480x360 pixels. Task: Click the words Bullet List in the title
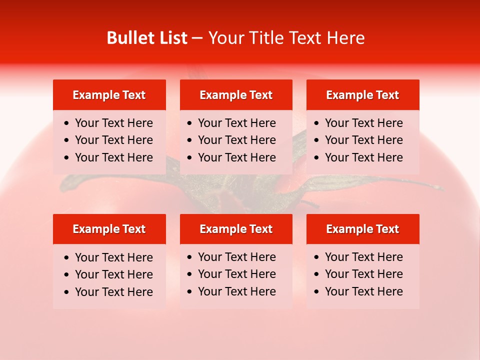tap(147, 38)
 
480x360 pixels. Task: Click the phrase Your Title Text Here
tap(286, 38)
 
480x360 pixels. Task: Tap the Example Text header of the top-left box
tap(109, 95)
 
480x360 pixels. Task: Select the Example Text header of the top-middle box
tap(236, 95)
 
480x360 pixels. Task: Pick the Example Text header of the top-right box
tap(362, 95)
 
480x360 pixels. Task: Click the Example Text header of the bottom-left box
tap(109, 229)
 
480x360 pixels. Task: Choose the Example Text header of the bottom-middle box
tap(236, 229)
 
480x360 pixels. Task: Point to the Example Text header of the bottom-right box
tap(362, 229)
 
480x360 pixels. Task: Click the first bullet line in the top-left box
tap(113, 123)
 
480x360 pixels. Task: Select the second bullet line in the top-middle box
tap(236, 140)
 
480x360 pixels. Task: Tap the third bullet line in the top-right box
tap(363, 157)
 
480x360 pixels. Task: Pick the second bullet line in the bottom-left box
tap(113, 274)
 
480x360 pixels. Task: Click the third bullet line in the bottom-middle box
tap(236, 291)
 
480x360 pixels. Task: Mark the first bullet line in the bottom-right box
tap(363, 257)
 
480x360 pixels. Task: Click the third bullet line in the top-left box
tap(113, 157)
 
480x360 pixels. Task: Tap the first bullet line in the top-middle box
tap(236, 123)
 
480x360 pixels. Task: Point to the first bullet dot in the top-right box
tap(316, 123)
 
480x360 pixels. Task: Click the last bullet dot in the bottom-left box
tap(67, 292)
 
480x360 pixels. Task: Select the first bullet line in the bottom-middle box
tap(236, 257)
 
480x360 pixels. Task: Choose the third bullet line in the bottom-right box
tap(363, 291)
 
